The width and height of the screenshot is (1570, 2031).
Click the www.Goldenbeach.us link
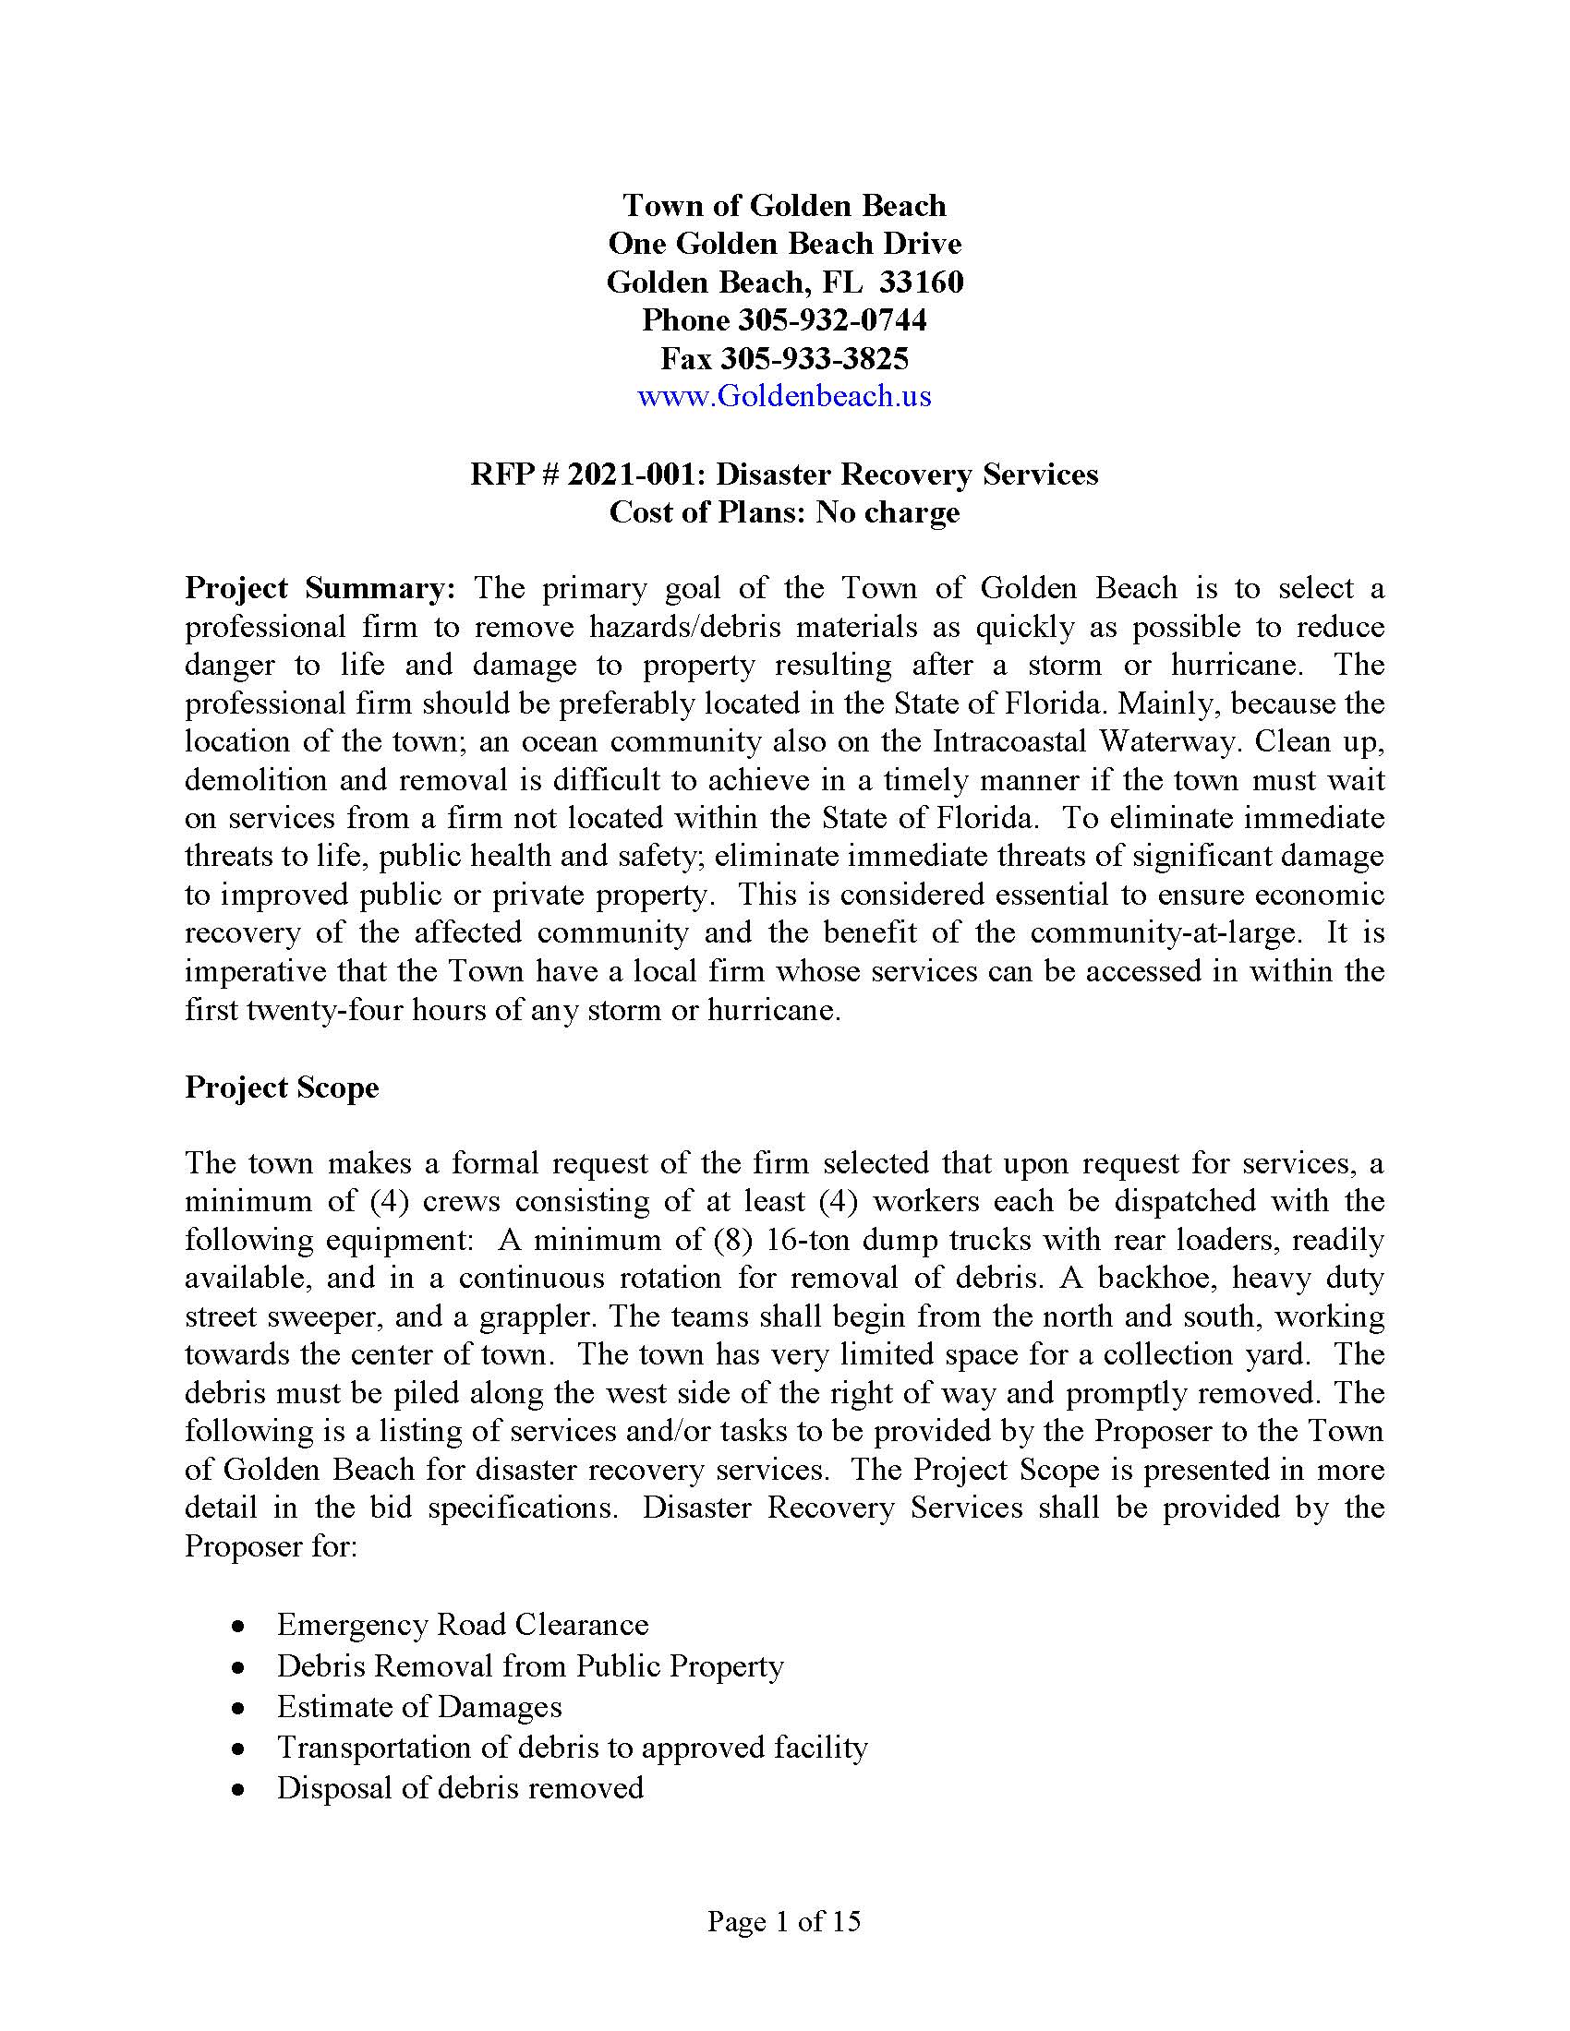click(x=784, y=397)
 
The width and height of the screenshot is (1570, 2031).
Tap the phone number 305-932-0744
click(x=832, y=321)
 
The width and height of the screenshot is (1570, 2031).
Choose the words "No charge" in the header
click(x=888, y=512)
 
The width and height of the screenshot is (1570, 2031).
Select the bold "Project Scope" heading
click(x=282, y=1088)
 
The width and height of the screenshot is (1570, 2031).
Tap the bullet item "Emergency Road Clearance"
click(x=463, y=1625)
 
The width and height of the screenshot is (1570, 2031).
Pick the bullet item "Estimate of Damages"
click(x=419, y=1706)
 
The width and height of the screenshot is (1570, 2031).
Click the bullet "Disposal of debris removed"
click(x=461, y=1788)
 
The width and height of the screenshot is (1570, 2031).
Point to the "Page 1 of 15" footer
click(x=784, y=1921)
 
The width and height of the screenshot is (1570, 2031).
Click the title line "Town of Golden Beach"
click(x=784, y=206)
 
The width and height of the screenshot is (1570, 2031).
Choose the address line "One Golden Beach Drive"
click(x=784, y=244)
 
